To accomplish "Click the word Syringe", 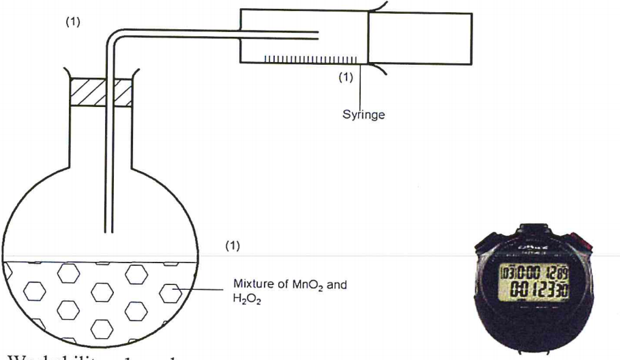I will coord(364,115).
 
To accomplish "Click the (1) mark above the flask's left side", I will coord(72,21).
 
